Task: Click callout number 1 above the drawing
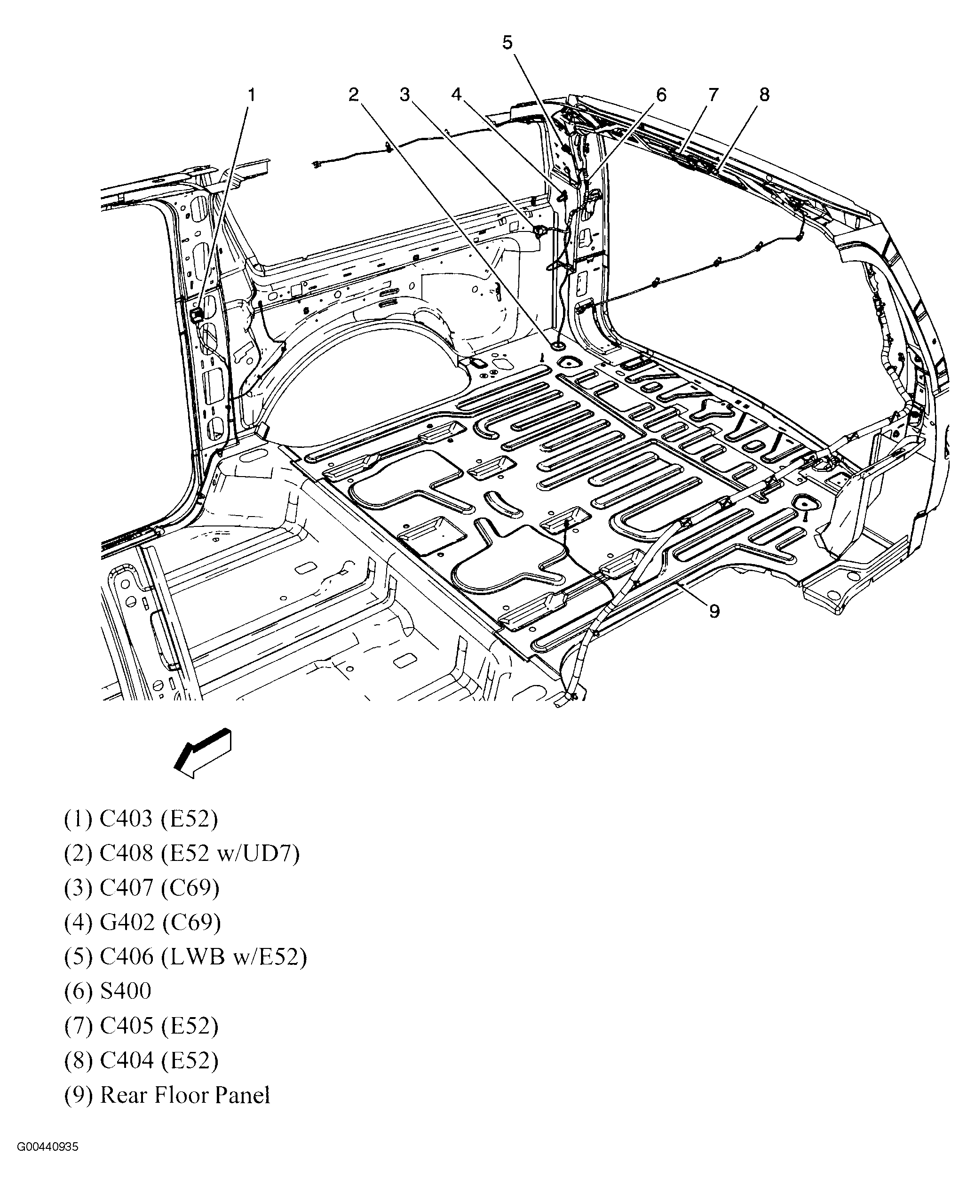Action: coord(251,95)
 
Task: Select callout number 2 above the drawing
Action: coord(354,95)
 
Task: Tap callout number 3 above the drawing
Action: coord(405,95)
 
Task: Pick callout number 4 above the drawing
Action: coord(457,95)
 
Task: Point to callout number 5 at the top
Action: coord(507,43)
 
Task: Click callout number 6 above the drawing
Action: coord(661,95)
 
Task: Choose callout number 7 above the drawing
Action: coord(713,95)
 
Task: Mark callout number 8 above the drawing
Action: coord(764,95)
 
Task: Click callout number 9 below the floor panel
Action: coord(714,612)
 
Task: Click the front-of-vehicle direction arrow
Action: coord(203,752)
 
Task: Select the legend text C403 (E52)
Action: coord(141,819)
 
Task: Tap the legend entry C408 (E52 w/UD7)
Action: coord(182,853)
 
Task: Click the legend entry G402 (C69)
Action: coord(143,923)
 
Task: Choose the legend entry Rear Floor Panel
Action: coord(167,1095)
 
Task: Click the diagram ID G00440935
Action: coord(48,1147)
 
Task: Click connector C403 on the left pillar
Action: coord(196,315)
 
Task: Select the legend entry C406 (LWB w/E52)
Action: coord(185,956)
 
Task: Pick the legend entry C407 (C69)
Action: coord(142,888)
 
